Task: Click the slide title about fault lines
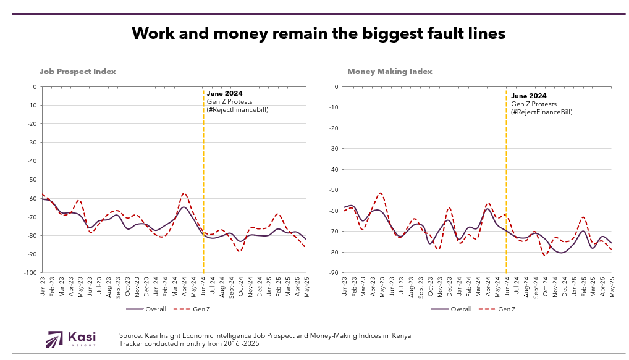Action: tap(319, 33)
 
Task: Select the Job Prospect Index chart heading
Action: tap(78, 72)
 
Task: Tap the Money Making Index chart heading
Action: tap(389, 72)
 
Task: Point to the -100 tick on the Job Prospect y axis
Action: tap(30, 272)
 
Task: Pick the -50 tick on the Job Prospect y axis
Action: tap(32, 180)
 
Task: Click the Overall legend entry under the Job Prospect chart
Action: tap(148, 309)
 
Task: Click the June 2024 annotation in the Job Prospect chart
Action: tap(224, 94)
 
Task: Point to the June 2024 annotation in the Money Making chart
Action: tap(529, 96)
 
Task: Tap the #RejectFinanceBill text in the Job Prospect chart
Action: tap(237, 109)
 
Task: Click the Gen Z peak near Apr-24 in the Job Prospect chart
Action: tap(184, 193)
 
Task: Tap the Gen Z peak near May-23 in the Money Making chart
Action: tap(381, 193)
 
